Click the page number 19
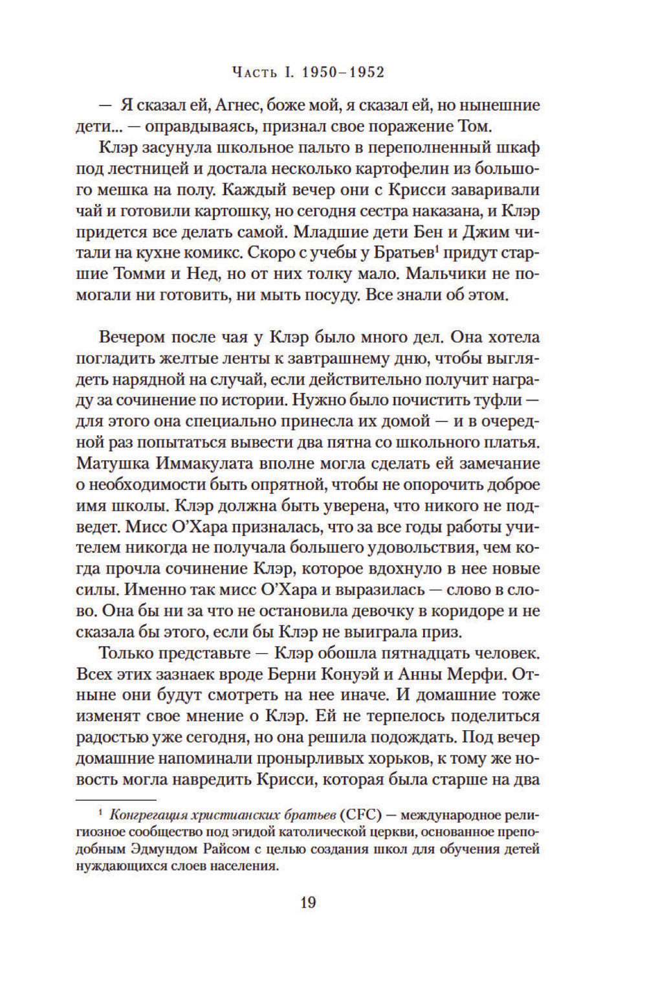[308, 901]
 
